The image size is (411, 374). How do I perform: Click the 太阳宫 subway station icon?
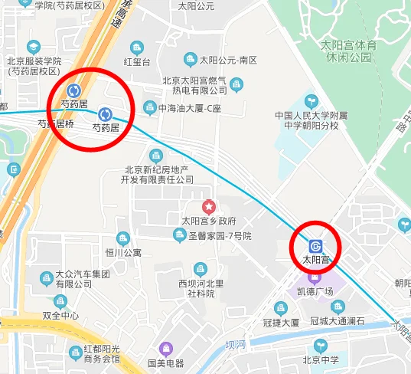tap(315, 246)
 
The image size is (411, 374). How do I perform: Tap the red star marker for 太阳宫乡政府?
tap(208, 207)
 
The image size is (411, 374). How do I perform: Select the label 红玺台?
tap(139, 61)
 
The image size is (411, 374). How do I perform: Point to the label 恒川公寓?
tap(123, 252)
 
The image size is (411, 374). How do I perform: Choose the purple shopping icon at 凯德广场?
tap(315, 276)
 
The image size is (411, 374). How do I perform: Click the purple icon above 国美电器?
tap(165, 349)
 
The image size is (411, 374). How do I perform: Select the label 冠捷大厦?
tap(280, 322)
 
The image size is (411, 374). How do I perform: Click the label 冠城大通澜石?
tap(338, 322)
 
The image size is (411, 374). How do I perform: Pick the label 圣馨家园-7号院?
tap(220, 235)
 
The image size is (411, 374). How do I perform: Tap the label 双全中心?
tap(60, 315)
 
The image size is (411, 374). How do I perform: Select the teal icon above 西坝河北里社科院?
tap(201, 269)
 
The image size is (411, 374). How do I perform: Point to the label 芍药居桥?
tap(56, 123)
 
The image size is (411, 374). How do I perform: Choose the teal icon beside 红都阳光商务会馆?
tap(75, 353)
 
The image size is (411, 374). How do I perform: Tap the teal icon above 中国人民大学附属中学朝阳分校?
tap(311, 100)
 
